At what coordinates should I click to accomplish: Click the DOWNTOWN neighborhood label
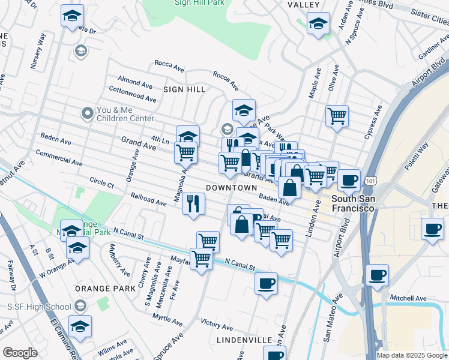click(x=231, y=188)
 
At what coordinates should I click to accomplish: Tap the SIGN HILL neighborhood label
click(x=184, y=89)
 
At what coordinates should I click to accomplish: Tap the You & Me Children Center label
click(x=126, y=114)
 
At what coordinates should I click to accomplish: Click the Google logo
click(x=20, y=352)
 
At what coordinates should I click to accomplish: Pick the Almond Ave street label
click(x=135, y=81)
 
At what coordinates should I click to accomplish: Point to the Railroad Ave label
click(x=148, y=200)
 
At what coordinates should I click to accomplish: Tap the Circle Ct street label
click(x=101, y=182)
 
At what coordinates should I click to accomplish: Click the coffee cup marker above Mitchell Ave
click(x=376, y=274)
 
